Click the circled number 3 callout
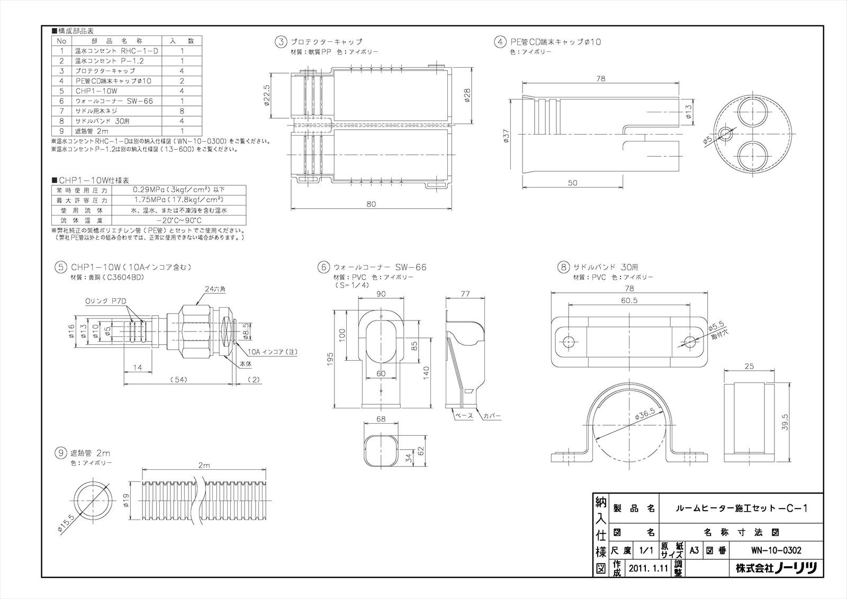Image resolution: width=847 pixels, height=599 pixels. pyautogui.click(x=281, y=41)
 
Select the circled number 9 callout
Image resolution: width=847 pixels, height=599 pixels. pyautogui.click(x=61, y=453)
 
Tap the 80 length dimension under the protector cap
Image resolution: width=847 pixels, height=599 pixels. pyautogui.click(x=371, y=204)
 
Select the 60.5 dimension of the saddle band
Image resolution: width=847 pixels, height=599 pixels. pyautogui.click(x=629, y=300)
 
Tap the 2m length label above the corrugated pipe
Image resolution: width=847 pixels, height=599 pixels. pyautogui.click(x=204, y=466)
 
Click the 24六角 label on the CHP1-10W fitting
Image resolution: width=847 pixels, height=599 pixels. pyautogui.click(x=215, y=289)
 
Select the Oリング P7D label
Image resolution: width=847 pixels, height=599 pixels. pyautogui.click(x=106, y=301)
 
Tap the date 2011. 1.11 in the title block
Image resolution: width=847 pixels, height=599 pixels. pyautogui.click(x=647, y=569)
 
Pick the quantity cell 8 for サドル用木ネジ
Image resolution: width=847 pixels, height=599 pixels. pyautogui.click(x=182, y=111)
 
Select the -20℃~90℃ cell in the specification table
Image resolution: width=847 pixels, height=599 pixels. pyautogui.click(x=179, y=220)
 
